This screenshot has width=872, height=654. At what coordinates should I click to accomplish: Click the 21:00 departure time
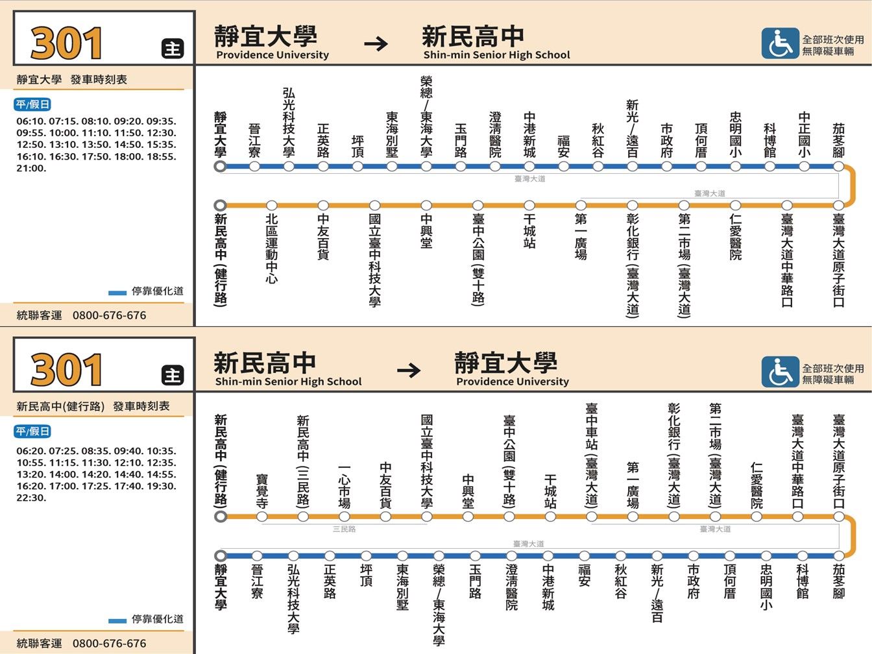point(31,168)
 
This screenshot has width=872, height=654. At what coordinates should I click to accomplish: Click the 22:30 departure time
point(31,498)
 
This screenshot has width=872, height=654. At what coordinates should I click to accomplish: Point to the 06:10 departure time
point(31,121)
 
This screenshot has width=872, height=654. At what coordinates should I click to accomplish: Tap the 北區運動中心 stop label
point(272,249)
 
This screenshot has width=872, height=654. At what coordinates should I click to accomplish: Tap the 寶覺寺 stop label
point(262,490)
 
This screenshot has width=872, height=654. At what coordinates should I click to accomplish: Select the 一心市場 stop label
point(344,486)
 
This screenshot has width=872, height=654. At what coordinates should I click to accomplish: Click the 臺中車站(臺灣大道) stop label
point(592,455)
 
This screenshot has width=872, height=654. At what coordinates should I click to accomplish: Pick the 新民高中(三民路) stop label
point(303,461)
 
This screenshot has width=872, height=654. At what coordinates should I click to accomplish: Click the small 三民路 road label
point(344,529)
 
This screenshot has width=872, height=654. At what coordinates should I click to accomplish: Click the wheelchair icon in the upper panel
point(780,43)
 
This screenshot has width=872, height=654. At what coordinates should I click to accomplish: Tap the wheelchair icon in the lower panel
point(780,372)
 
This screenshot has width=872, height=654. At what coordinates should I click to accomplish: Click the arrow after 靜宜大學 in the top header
point(376,43)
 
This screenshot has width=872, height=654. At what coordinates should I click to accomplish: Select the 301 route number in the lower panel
point(66,370)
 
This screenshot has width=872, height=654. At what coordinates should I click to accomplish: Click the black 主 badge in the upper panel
point(173,49)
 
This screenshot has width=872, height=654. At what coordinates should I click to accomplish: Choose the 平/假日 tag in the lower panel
point(32,431)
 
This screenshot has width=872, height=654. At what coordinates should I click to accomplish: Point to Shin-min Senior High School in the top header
point(496,54)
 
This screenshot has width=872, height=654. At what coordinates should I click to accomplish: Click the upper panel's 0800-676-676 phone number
point(109,316)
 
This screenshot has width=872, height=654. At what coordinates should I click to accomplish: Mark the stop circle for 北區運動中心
point(272,205)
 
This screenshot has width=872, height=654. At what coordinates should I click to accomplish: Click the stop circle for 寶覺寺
point(262,516)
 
